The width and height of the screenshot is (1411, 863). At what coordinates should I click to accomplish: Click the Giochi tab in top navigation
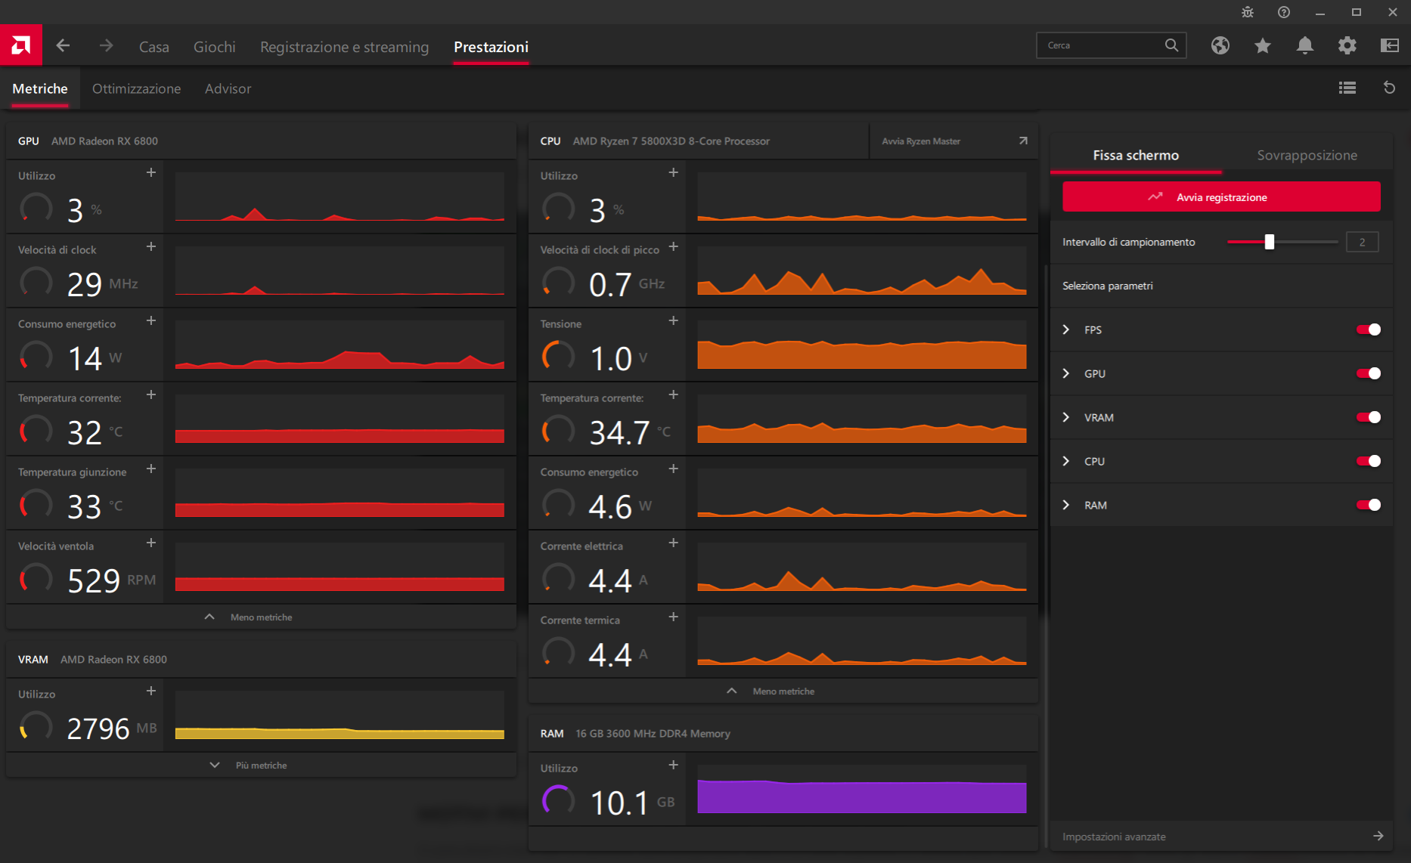pyautogui.click(x=214, y=47)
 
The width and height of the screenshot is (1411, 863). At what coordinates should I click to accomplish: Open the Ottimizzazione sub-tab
pyautogui.click(x=136, y=88)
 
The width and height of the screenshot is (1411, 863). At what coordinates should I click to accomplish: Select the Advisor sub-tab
pyautogui.click(x=228, y=88)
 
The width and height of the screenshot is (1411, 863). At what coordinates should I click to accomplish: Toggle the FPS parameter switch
pyautogui.click(x=1368, y=329)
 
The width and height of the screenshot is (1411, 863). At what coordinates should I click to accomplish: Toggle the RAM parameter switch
pyautogui.click(x=1368, y=505)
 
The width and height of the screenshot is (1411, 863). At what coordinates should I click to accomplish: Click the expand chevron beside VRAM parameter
pyautogui.click(x=1066, y=417)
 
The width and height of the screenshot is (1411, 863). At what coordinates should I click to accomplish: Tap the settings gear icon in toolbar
pyautogui.click(x=1347, y=45)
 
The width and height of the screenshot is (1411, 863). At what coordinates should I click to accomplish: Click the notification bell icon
pyautogui.click(x=1304, y=45)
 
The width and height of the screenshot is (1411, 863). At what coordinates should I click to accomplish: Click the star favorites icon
pyautogui.click(x=1262, y=45)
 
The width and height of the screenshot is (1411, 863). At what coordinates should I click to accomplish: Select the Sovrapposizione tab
pyautogui.click(x=1307, y=155)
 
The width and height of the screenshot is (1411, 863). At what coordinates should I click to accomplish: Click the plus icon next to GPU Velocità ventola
pyautogui.click(x=151, y=543)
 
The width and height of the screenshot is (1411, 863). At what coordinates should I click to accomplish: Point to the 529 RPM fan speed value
pyautogui.click(x=94, y=580)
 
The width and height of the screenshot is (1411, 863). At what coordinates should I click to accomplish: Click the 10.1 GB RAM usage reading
pyautogui.click(x=619, y=803)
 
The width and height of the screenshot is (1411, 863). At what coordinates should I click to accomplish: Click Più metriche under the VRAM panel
pyautogui.click(x=260, y=766)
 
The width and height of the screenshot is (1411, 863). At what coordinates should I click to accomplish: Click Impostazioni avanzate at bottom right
pyautogui.click(x=1114, y=837)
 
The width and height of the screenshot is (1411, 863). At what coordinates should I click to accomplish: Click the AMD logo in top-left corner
pyautogui.click(x=21, y=45)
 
